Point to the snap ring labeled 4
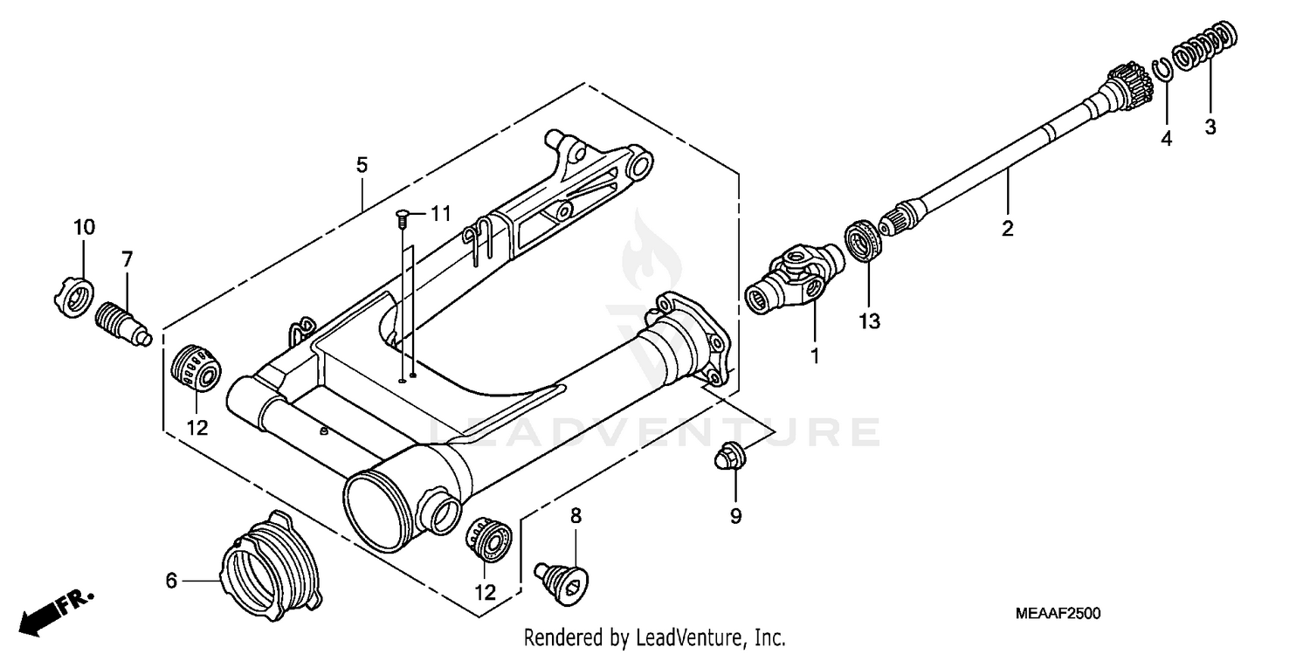tap(1162, 72)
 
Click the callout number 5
tap(362, 164)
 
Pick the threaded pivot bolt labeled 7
tap(121, 321)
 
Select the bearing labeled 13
tap(865, 241)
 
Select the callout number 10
tap(84, 228)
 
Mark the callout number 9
tap(735, 516)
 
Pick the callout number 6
tap(171, 580)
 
